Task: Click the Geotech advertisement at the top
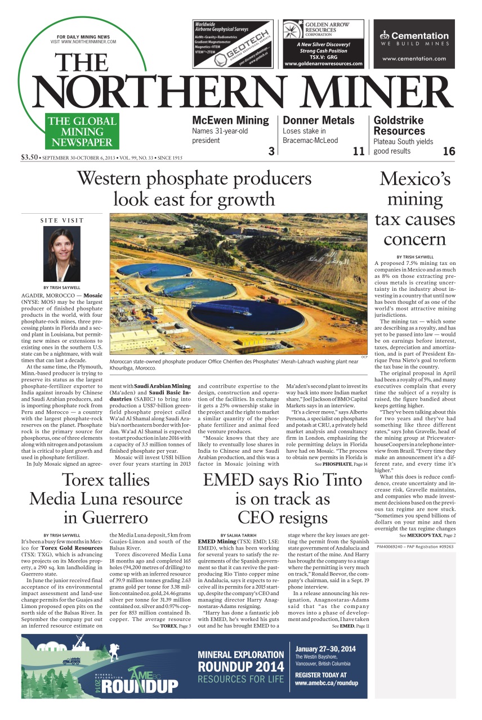point(234,44)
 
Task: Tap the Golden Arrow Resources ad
point(323,44)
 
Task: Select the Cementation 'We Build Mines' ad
point(414,44)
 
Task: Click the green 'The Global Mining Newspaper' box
point(82,132)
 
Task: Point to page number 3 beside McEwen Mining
point(271,151)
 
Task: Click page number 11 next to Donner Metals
point(359,151)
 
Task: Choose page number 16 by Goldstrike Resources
point(449,151)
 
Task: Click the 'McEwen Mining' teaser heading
point(230,120)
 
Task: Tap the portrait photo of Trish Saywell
point(62,253)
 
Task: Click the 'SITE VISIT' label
point(62,220)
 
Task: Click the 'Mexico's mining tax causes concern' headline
point(414,209)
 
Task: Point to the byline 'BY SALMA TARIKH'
point(239,535)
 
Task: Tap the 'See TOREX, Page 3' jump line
point(171,625)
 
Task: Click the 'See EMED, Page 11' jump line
point(350,625)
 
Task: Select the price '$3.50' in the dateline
point(29,157)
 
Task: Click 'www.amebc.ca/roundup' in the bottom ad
point(326,683)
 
